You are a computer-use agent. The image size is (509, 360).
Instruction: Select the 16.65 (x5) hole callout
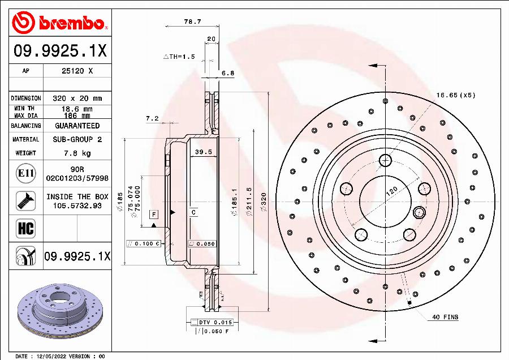[456, 95]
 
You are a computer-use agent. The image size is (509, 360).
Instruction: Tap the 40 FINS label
[445, 317]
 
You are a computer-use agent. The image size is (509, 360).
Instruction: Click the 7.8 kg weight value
[77, 153]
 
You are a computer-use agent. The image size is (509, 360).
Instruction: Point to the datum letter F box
[153, 214]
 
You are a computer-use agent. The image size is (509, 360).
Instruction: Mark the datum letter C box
[193, 212]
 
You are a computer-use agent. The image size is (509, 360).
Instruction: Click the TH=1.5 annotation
[179, 57]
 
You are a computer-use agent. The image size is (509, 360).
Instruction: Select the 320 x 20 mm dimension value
[77, 98]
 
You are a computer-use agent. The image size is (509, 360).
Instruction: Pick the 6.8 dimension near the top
[227, 73]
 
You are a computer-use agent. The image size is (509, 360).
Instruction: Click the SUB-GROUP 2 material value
[77, 139]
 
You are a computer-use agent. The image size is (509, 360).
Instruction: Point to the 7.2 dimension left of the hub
[152, 119]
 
